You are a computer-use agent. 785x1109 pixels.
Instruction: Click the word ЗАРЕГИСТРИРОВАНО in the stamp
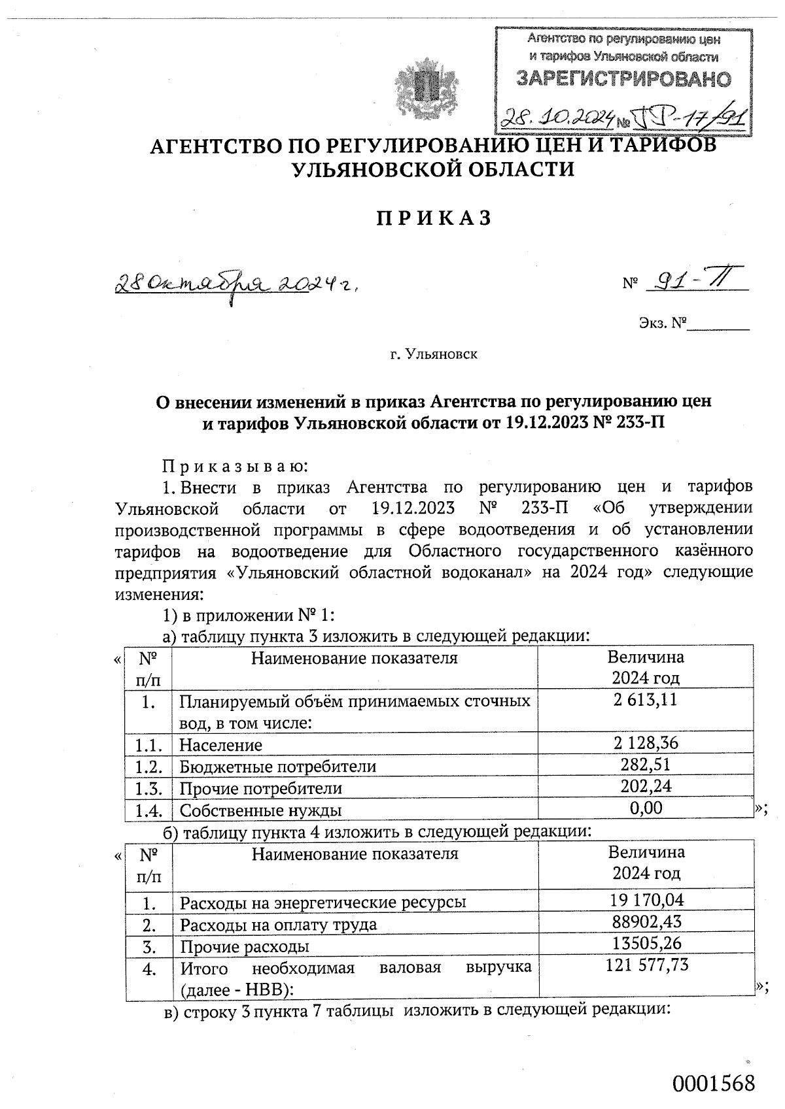(x=623, y=80)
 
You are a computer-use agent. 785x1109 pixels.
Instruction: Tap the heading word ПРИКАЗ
(x=433, y=218)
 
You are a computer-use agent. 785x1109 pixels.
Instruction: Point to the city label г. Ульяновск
(x=434, y=355)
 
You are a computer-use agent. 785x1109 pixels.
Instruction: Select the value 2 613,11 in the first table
(x=645, y=700)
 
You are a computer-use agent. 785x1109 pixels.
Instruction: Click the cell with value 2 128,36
(x=646, y=742)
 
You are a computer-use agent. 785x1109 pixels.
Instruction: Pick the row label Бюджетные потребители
(x=278, y=766)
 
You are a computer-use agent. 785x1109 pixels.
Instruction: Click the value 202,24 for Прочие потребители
(x=646, y=786)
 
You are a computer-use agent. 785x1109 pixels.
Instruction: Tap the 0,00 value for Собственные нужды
(x=646, y=808)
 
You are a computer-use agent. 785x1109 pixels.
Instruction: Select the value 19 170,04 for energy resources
(x=646, y=900)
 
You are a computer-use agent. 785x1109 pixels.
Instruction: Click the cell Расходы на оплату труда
(x=278, y=925)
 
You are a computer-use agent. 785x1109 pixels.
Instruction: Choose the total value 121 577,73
(x=646, y=965)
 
